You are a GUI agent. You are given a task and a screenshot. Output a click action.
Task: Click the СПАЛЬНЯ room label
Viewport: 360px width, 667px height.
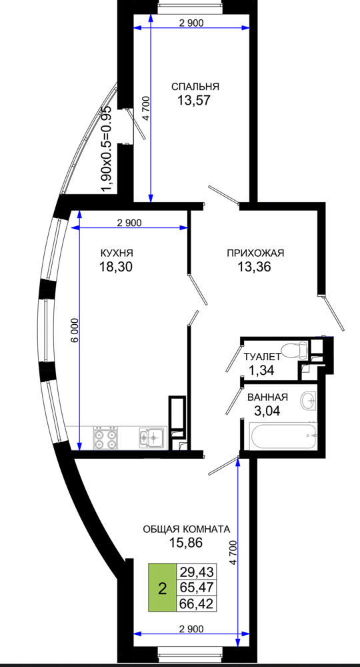pos(195,87)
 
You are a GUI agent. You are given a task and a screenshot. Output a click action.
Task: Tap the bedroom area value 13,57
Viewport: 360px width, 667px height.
pos(194,101)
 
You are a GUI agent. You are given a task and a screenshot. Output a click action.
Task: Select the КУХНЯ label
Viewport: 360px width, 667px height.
pos(117,253)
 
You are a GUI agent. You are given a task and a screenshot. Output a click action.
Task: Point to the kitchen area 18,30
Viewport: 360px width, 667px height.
pos(116,267)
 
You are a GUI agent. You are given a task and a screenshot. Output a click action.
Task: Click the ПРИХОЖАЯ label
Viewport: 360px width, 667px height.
pos(255,253)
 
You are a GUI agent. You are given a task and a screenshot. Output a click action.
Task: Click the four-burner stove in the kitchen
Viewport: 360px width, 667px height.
pos(105,438)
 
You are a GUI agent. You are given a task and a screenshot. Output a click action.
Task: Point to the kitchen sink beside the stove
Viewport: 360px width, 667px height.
pos(151,437)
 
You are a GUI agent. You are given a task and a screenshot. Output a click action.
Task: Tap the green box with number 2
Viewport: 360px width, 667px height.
pos(162,587)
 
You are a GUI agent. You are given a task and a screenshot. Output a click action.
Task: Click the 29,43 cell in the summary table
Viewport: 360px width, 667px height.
pos(197,572)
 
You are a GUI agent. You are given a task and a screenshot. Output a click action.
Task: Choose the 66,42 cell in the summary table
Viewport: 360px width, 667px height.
pos(197,604)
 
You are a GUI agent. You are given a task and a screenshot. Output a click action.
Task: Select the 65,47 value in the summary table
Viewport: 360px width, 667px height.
pos(197,588)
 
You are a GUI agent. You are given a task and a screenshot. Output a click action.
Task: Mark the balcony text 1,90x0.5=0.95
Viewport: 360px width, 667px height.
pos(106,149)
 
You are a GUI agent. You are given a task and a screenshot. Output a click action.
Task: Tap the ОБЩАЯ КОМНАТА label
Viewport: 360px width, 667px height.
pos(186,529)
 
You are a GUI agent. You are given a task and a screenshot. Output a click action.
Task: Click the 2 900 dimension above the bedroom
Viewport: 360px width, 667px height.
pos(191,23)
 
